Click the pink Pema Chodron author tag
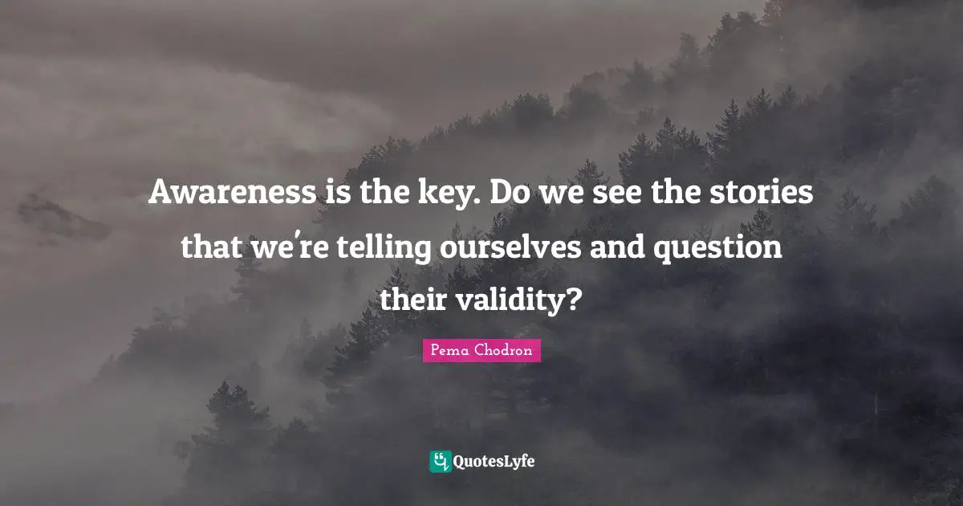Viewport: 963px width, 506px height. (481, 350)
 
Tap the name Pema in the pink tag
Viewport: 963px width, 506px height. (449, 350)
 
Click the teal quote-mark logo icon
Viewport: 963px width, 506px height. (441, 461)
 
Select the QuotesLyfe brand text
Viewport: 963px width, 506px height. (495, 461)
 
